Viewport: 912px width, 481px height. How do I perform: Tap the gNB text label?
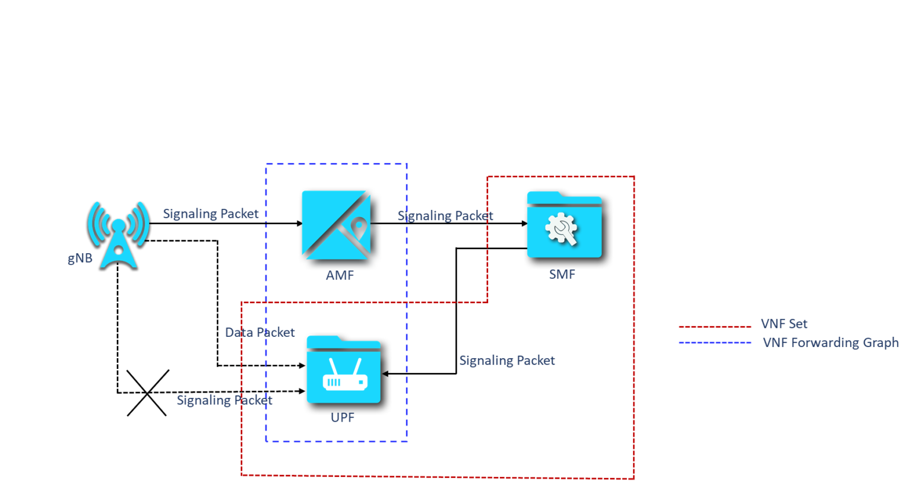pos(80,259)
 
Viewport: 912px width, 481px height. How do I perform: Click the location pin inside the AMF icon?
pos(358,228)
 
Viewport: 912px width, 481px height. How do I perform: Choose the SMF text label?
pos(562,275)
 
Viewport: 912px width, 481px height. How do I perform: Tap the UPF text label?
pos(343,418)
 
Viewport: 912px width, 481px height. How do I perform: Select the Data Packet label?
pos(259,333)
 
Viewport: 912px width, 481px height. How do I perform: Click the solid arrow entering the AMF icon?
pos(284,224)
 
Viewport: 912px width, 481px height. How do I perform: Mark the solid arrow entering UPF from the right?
pos(395,374)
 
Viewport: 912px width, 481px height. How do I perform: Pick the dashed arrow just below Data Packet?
pos(286,366)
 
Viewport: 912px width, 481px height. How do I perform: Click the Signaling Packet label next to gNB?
pos(211,214)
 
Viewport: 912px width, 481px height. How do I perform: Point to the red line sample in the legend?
pos(715,326)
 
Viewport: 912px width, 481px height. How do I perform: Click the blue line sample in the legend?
pos(715,343)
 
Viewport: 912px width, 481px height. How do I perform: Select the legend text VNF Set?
pos(784,324)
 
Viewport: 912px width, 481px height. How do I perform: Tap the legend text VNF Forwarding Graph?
pos(831,343)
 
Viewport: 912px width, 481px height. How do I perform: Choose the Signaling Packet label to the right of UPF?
pos(507,361)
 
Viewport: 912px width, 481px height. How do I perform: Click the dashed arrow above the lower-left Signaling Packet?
pos(286,391)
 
